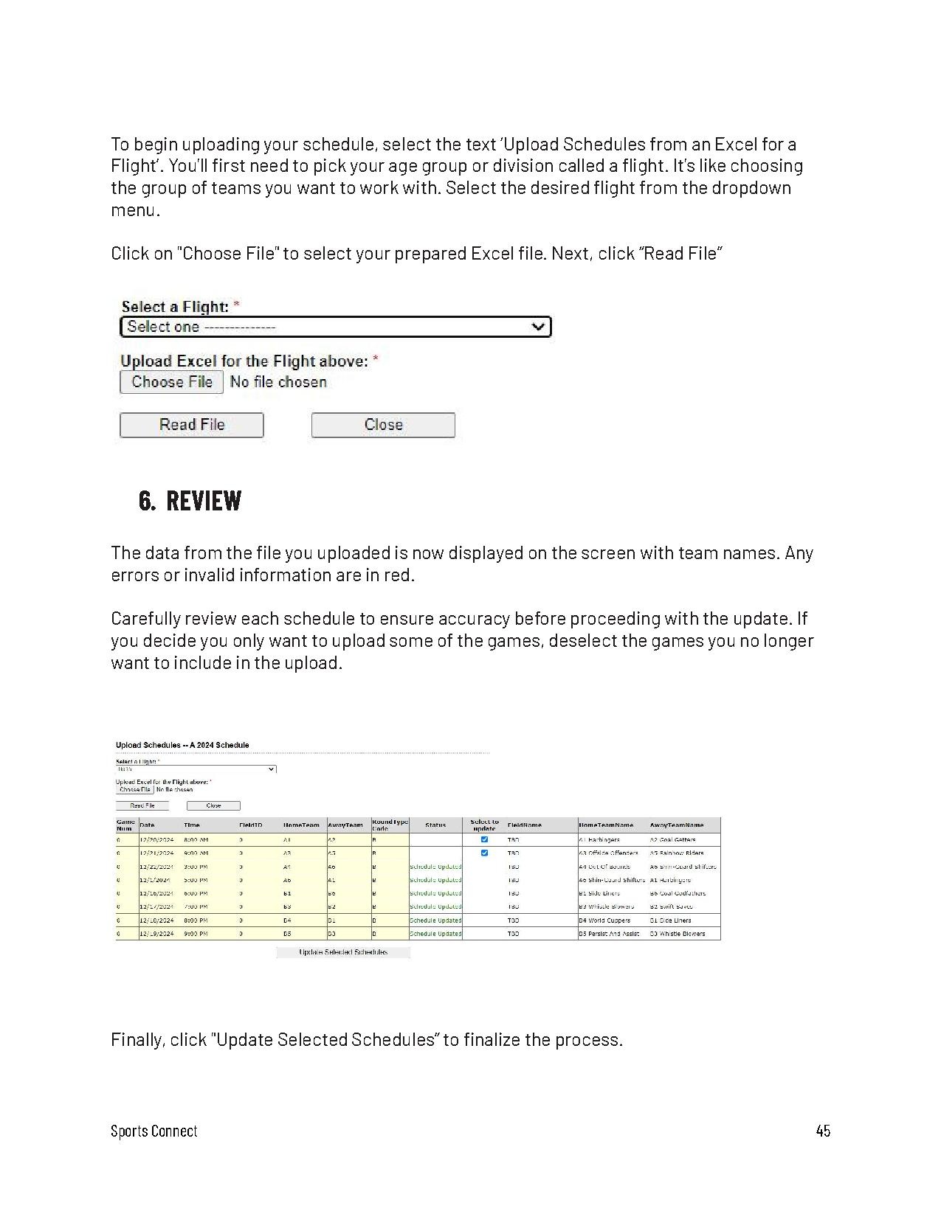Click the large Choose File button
click(171, 382)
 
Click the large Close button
click(383, 425)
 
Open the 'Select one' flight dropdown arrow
click(540, 327)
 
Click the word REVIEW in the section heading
click(204, 501)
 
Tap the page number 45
click(823, 1131)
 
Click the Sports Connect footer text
click(154, 1131)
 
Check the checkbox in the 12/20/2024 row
click(484, 839)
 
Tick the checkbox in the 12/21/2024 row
click(484, 853)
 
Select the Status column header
click(435, 825)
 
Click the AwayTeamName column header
click(676, 825)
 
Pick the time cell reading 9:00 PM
click(196, 934)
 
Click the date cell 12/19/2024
click(156, 934)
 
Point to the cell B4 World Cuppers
click(604, 920)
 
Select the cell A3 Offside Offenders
click(608, 853)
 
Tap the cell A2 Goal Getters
click(672, 839)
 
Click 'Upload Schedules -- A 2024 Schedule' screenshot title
click(182, 745)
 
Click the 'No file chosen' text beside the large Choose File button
click(278, 382)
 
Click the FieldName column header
click(524, 825)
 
